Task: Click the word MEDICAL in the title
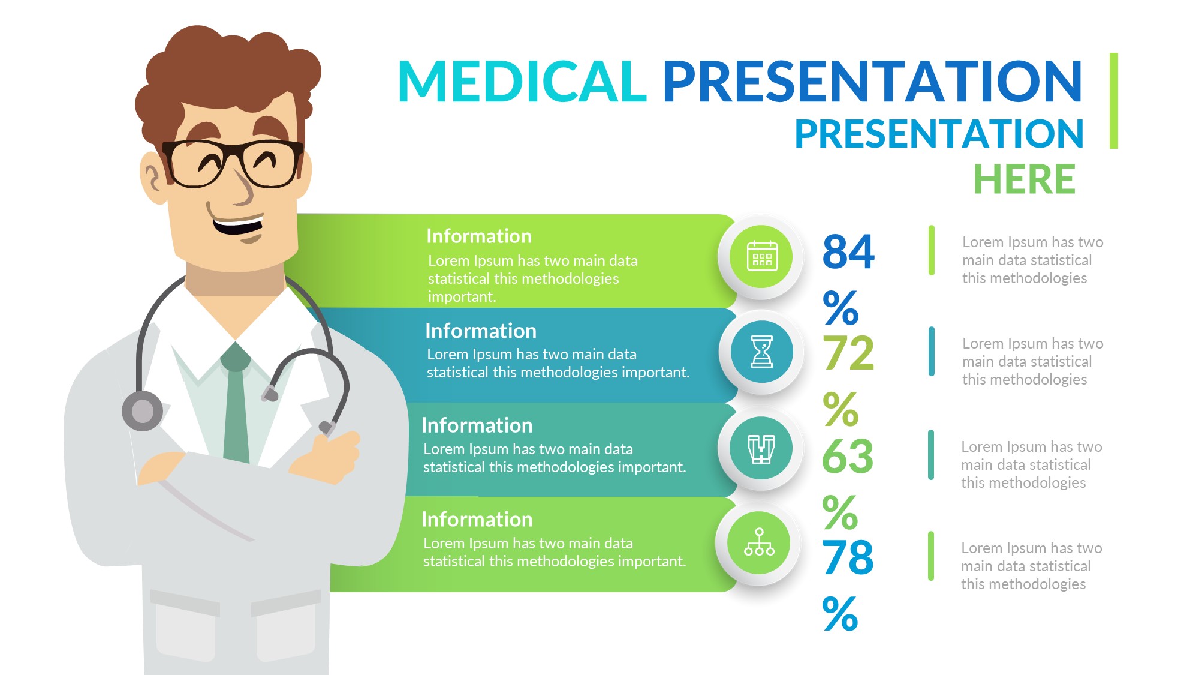click(522, 81)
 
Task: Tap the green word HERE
click(1025, 179)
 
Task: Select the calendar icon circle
click(761, 257)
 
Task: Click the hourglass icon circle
click(761, 352)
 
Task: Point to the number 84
click(848, 251)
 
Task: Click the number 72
click(848, 353)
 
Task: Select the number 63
click(848, 457)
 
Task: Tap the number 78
click(848, 557)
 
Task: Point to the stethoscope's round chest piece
click(143, 411)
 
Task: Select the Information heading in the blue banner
click(481, 331)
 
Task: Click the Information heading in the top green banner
click(479, 236)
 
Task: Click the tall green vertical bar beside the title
click(1113, 101)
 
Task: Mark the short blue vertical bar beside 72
click(932, 352)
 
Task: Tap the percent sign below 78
click(840, 614)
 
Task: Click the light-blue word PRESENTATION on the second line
click(939, 133)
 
